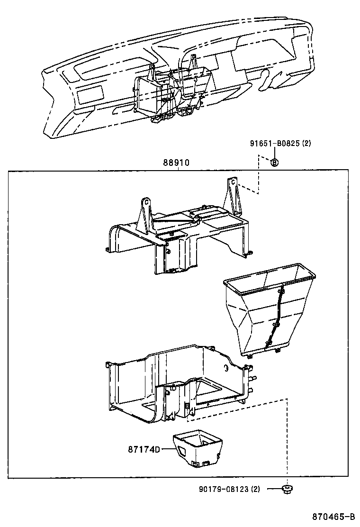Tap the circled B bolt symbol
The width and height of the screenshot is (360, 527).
point(274,163)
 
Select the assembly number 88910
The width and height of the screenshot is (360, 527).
point(176,163)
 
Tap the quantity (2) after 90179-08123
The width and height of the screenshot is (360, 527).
point(255,489)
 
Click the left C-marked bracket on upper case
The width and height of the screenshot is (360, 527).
point(145,213)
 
